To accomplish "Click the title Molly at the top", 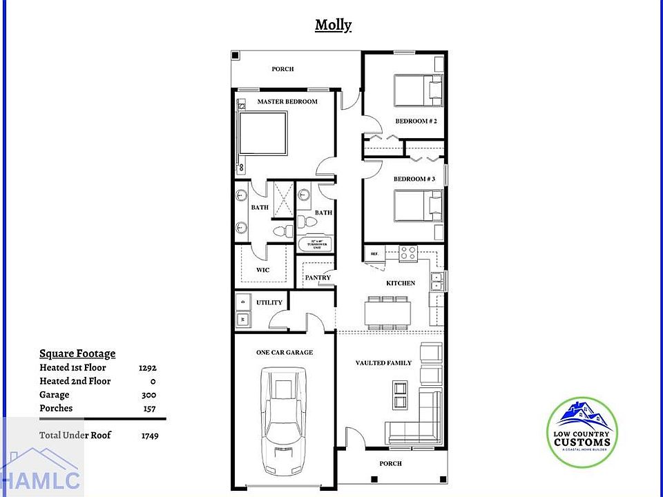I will click(x=333, y=26).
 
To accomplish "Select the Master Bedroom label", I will click(x=287, y=101).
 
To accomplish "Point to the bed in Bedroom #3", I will click(x=418, y=206).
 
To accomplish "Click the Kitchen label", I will click(x=401, y=283).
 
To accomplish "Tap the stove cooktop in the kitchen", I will click(x=407, y=253).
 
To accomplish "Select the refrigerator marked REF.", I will click(x=375, y=254).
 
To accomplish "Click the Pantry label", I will click(x=318, y=277).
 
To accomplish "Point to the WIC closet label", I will click(x=263, y=270).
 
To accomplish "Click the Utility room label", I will click(x=269, y=302).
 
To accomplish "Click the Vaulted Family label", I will click(x=383, y=362).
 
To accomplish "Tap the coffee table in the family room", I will click(x=400, y=396).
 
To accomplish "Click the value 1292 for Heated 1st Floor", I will click(x=147, y=368).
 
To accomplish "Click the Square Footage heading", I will click(x=77, y=353).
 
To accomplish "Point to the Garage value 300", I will click(x=148, y=395).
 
